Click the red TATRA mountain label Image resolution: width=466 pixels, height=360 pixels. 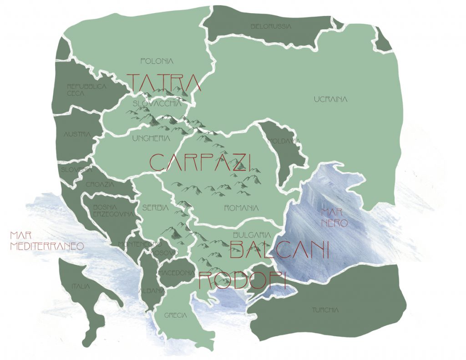(x=163, y=83)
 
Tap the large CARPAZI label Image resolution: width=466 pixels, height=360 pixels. (x=201, y=162)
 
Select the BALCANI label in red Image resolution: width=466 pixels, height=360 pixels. (x=279, y=250)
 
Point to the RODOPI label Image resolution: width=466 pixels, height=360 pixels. (x=242, y=279)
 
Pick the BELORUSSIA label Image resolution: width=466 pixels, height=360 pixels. (x=271, y=26)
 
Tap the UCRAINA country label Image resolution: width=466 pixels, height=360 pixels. (x=331, y=99)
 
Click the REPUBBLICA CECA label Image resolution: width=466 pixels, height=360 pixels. (x=86, y=89)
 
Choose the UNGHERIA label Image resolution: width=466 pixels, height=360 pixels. (x=151, y=138)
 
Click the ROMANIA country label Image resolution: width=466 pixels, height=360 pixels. (x=241, y=208)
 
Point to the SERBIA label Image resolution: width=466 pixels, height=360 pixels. (x=155, y=208)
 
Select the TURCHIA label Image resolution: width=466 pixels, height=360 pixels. (x=325, y=310)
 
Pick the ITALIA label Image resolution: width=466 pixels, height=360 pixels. (x=81, y=287)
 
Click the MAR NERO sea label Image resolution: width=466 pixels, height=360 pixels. (x=334, y=218)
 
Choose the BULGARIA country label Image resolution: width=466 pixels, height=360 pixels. (x=252, y=235)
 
